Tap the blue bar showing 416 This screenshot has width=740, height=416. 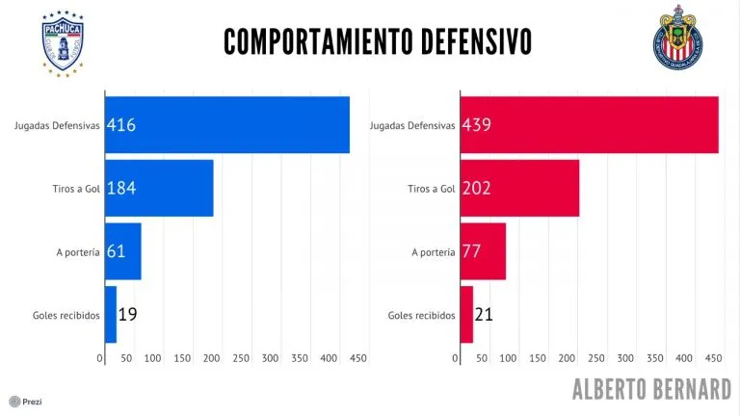226,124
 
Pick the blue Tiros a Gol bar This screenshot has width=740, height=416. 159,188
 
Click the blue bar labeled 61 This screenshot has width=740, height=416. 122,251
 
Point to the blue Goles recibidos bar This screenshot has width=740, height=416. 110,315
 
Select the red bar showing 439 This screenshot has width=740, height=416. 589,124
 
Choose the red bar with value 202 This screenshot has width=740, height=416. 519,188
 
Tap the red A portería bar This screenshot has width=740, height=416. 483,251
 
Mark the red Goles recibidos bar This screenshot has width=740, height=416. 466,315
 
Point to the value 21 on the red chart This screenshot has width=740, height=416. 485,315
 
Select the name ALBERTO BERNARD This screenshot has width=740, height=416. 651,389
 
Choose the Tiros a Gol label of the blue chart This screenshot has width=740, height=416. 76,189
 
